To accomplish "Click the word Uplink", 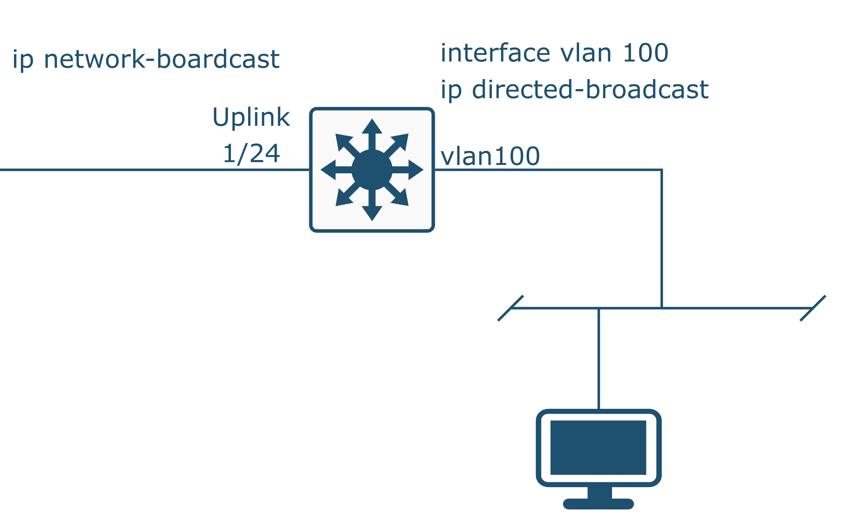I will [x=251, y=117].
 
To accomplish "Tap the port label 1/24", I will [x=251, y=154].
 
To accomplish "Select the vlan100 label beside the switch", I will [x=490, y=157].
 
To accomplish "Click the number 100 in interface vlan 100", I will [x=645, y=53].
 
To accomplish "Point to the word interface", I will [x=495, y=53].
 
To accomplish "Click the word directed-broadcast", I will [x=590, y=90].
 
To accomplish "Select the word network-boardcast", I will [x=162, y=59].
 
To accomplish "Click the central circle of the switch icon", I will [x=372, y=170].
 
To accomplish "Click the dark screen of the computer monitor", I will [x=598, y=448].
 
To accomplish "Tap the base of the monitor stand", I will [x=598, y=504].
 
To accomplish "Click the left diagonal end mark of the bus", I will [x=510, y=308].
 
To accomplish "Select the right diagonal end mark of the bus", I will [x=813, y=308].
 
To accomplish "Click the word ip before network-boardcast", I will [x=23, y=60].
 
